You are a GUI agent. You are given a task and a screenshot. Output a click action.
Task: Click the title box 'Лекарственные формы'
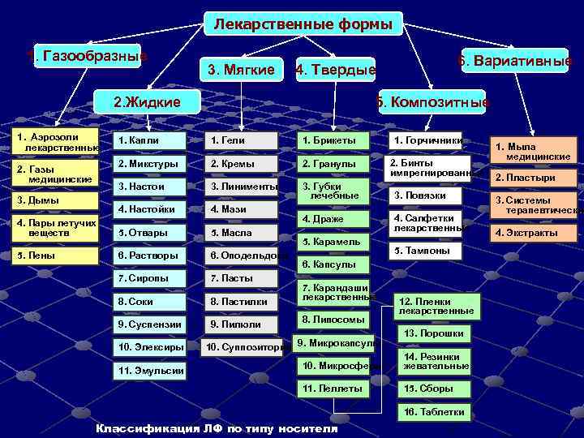(303, 24)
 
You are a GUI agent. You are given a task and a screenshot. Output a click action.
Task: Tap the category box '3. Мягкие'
(241, 70)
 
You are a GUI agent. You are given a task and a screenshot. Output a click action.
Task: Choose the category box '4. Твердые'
(335, 71)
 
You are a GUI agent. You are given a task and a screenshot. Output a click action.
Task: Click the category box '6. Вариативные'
(515, 62)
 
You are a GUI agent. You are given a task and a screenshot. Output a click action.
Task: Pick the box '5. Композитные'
(431, 102)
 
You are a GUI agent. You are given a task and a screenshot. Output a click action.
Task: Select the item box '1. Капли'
(147, 140)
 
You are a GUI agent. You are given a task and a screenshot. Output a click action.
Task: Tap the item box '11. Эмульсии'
(147, 371)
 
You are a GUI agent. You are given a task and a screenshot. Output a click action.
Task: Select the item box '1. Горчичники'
(425, 140)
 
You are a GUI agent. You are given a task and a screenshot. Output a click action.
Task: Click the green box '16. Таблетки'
(434, 412)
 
